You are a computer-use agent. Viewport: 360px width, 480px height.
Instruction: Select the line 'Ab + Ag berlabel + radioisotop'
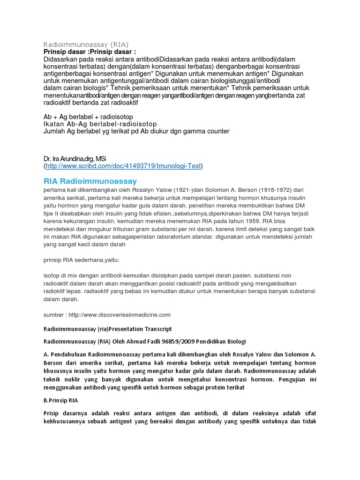pos(88,116)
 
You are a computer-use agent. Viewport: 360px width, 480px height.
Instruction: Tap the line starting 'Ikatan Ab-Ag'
pos(100,124)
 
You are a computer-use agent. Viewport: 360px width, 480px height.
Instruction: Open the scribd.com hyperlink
pos(123,166)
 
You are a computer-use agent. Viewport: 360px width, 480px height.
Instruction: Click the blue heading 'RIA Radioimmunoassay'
pos(90,180)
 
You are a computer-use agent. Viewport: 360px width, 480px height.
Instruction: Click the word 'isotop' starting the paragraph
pos(51,276)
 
